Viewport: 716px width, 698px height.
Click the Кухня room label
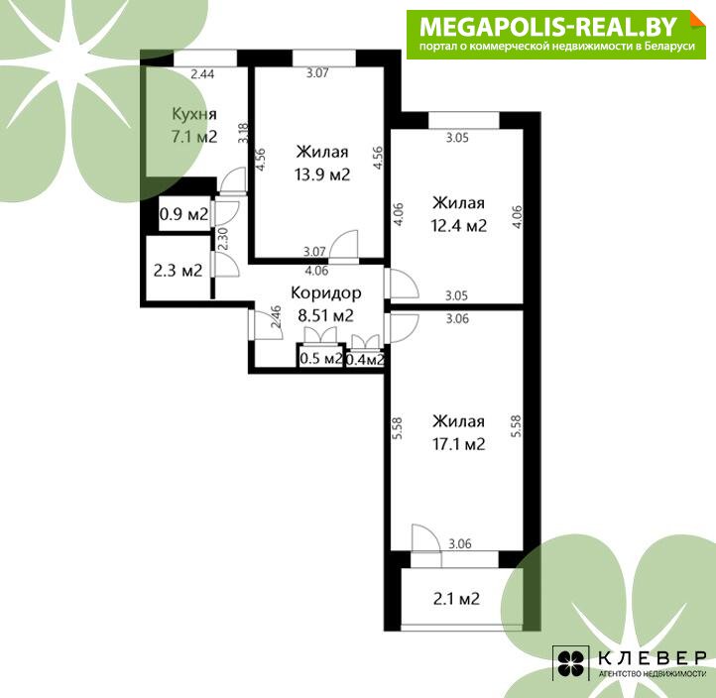[194, 114]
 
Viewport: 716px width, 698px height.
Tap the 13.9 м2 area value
[322, 174]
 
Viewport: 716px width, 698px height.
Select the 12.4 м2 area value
[459, 225]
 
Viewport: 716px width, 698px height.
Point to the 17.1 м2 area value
[459, 444]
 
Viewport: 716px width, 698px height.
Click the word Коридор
[326, 292]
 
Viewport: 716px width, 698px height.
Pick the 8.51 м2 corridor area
[325, 315]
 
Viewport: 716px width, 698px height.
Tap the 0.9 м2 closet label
[184, 213]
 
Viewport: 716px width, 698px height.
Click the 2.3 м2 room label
[179, 271]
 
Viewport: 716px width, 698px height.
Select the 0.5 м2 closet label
[321, 358]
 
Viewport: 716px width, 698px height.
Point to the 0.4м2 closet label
[365, 360]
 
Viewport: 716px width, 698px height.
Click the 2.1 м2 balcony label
[456, 599]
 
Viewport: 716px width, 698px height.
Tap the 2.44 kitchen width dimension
[202, 74]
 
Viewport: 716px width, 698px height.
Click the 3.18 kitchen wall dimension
[243, 133]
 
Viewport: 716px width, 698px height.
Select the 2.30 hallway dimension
[222, 239]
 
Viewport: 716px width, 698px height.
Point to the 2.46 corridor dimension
[276, 317]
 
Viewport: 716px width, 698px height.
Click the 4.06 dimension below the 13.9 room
[316, 271]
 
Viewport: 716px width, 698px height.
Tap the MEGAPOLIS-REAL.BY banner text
[548, 27]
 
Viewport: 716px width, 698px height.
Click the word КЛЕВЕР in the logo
[653, 657]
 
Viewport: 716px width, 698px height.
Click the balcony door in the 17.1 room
[426, 545]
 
